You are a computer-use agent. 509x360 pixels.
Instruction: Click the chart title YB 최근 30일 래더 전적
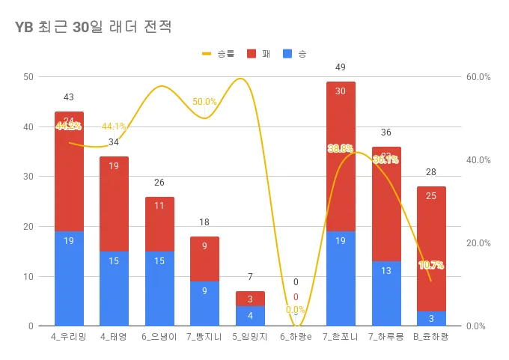click(94, 28)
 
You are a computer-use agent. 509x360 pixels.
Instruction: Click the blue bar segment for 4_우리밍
click(69, 278)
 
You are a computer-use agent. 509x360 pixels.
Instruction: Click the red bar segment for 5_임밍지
click(250, 299)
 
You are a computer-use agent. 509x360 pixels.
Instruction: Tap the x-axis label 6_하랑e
click(296, 337)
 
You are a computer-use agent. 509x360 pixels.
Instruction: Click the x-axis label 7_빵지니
click(205, 337)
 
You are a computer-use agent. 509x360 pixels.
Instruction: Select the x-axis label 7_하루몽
click(386, 337)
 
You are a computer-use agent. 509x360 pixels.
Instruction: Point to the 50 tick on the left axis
click(28, 77)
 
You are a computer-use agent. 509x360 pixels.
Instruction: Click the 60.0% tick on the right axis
click(478, 77)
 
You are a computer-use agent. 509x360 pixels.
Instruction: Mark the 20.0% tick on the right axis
click(478, 243)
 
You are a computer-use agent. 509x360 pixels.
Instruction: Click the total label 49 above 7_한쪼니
click(341, 67)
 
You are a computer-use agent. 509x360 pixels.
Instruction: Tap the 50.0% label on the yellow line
click(204, 102)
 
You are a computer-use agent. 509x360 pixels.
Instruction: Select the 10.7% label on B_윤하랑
click(431, 265)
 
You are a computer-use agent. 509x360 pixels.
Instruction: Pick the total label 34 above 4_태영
click(114, 142)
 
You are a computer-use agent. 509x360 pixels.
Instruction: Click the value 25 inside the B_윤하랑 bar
click(431, 196)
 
